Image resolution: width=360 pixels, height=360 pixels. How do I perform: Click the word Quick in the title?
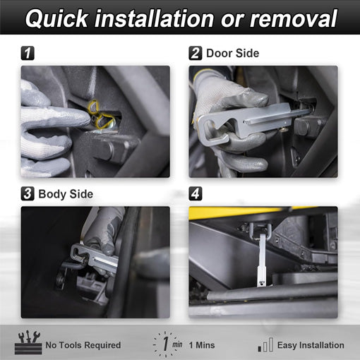point(56,19)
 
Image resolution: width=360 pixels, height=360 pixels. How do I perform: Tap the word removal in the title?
point(294,18)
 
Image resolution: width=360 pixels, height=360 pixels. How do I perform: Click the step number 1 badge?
point(28,53)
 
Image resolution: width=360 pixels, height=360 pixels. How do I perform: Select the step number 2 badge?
point(196,53)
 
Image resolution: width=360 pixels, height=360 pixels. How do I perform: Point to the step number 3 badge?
point(28,194)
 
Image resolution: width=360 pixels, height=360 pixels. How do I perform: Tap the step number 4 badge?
point(196,194)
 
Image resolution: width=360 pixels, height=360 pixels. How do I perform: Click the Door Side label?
point(233,53)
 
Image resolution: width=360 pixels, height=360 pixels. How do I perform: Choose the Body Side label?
point(66,194)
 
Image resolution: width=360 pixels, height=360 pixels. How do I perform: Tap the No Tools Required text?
point(83,345)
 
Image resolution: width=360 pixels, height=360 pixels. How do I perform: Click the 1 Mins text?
point(202,345)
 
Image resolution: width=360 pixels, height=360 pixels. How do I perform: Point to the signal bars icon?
point(265,344)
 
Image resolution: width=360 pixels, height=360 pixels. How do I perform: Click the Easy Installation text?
point(311,345)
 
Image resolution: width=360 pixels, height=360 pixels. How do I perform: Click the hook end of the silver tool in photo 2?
point(212,129)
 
